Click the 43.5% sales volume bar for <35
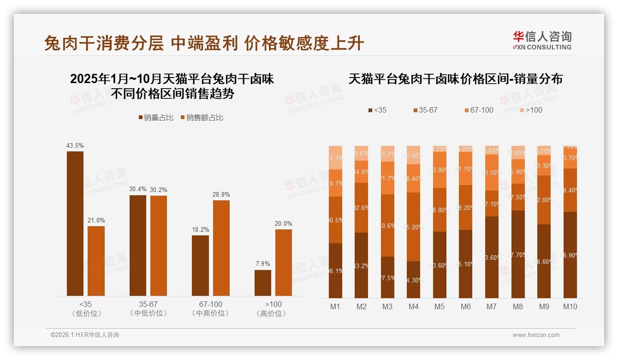tap(75, 223)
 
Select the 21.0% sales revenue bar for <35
tap(96, 261)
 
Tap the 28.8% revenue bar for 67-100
tap(221, 248)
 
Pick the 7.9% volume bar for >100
tap(263, 283)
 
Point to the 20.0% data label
tap(284, 224)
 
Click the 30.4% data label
tap(138, 189)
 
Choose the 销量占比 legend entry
tap(156, 118)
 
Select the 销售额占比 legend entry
tap(202, 118)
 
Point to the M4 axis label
tap(413, 306)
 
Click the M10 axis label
tap(570, 306)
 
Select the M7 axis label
tap(492, 306)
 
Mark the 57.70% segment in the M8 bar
tap(518, 254)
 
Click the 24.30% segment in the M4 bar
tap(413, 280)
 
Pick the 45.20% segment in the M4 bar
tap(413, 227)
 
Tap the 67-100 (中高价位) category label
tap(210, 309)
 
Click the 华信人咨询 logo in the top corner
tap(542, 40)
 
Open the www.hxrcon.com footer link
tap(536, 335)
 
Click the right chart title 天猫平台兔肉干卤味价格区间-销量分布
tap(455, 79)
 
